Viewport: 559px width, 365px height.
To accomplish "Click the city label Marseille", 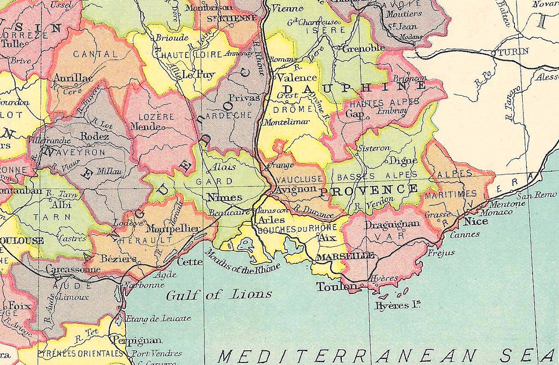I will [x=346, y=256].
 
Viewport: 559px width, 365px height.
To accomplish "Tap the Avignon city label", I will [x=293, y=189].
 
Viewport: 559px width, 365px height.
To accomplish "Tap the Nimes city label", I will [x=224, y=197].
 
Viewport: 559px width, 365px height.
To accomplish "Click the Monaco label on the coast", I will [x=496, y=212].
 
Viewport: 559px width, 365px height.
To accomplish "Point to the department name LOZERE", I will [x=156, y=117].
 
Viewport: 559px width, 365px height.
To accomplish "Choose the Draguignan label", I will [x=386, y=223].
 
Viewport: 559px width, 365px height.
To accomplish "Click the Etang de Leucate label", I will [x=158, y=318].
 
